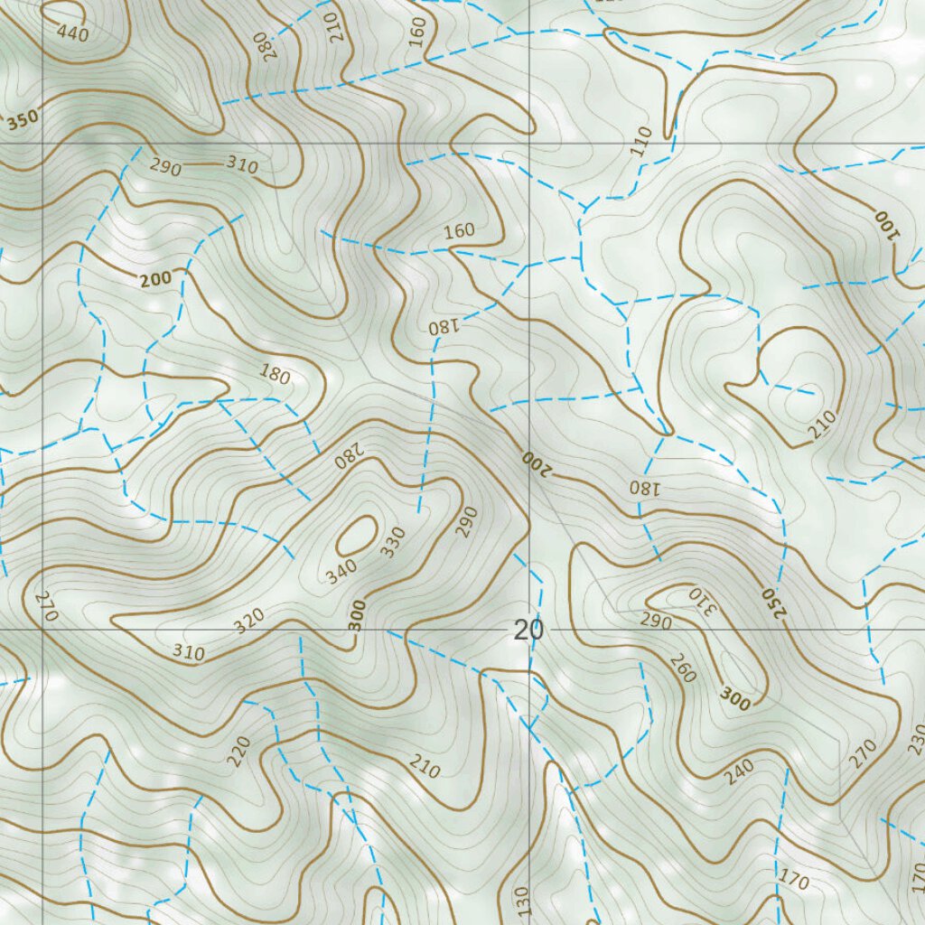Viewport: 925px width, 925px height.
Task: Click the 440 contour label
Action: (x=71, y=33)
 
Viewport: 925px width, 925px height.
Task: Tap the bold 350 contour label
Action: (x=23, y=123)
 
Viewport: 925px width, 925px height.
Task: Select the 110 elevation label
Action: (x=641, y=142)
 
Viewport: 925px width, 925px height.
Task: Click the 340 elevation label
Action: (x=342, y=572)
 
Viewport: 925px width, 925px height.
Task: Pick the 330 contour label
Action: (x=392, y=542)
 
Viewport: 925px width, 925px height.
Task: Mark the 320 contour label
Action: (x=249, y=620)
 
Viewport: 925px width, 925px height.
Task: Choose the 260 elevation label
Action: (x=683, y=667)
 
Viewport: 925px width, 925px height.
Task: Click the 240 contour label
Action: (x=739, y=769)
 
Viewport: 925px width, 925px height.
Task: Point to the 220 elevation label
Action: (x=238, y=752)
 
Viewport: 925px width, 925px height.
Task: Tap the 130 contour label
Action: (x=521, y=902)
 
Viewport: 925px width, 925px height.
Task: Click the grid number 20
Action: (x=528, y=631)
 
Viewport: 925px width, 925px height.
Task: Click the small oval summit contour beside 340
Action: (x=357, y=536)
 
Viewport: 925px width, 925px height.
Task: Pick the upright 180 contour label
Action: (x=275, y=373)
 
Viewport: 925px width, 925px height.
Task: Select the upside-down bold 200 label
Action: (x=535, y=462)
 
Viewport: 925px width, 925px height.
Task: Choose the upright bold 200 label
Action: (x=155, y=280)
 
